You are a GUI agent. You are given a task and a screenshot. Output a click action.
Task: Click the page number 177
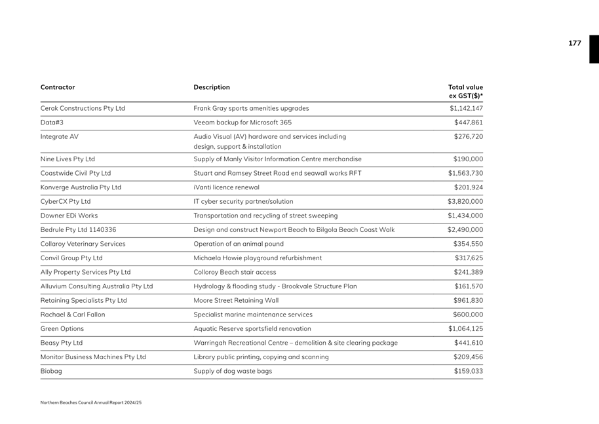[574, 43]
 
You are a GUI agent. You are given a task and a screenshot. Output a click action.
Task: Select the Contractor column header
[58, 87]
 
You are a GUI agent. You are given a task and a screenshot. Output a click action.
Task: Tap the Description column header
[212, 87]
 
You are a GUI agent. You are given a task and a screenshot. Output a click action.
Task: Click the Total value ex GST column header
[465, 92]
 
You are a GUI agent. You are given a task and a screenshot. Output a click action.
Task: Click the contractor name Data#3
[52, 123]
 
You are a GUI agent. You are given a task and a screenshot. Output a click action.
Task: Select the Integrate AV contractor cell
[59, 136]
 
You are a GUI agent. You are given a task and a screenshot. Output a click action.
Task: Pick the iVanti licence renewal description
[226, 187]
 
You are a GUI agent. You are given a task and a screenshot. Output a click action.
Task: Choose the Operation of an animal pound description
[239, 244]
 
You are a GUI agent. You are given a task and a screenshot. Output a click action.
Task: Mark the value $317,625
[468, 258]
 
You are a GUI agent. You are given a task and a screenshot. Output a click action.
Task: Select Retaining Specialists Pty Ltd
[83, 301]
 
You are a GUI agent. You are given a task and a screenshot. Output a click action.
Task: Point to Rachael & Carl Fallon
[73, 315]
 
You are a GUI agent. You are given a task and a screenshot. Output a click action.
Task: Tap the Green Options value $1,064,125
[465, 329]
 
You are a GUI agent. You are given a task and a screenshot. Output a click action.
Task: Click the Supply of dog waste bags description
[233, 371]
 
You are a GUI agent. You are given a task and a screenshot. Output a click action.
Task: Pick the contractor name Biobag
[51, 371]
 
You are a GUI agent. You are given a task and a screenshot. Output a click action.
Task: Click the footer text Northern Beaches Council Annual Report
[90, 402]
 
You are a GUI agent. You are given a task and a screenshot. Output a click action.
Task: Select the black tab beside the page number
[594, 49]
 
